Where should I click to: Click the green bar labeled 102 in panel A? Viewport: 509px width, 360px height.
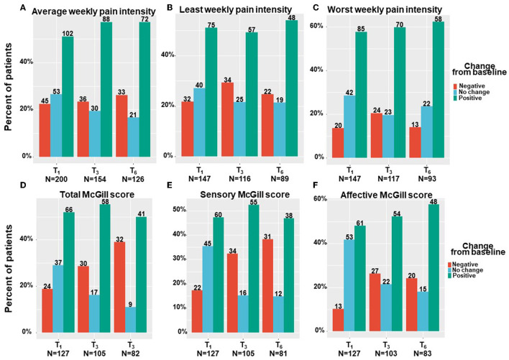(68, 96)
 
